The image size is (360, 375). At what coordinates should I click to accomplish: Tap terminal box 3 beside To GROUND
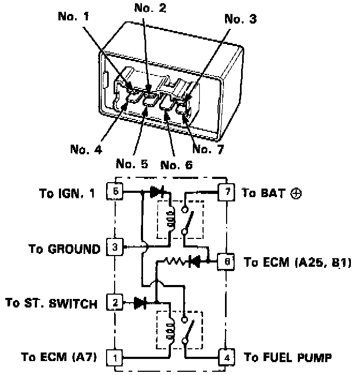(116, 248)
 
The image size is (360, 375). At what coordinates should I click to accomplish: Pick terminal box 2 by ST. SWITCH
(116, 303)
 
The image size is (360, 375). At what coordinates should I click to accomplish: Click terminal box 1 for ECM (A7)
(116, 356)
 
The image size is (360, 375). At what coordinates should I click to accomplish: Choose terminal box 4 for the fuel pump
(227, 356)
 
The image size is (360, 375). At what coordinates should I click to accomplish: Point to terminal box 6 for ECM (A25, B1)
(227, 262)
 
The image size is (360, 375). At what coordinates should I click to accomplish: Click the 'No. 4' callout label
(85, 149)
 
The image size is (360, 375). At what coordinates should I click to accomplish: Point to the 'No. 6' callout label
(175, 164)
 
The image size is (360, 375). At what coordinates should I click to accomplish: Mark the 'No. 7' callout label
(208, 149)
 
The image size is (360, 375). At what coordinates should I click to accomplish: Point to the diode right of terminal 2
(141, 303)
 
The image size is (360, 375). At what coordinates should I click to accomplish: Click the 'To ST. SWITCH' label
(51, 303)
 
